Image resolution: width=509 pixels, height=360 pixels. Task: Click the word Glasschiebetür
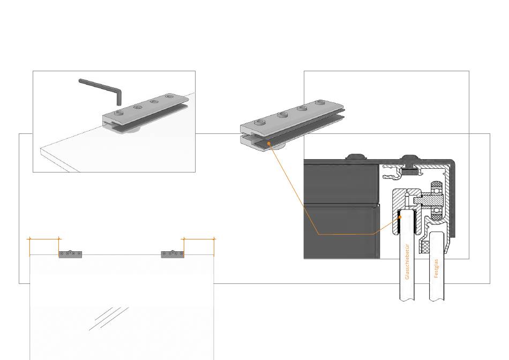pos(407,262)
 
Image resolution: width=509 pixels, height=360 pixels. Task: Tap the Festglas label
pos(436,268)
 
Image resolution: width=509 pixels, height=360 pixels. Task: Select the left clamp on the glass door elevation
pos(70,254)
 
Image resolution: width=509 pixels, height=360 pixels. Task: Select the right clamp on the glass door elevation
pos(173,254)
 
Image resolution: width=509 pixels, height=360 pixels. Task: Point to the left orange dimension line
pos(44,239)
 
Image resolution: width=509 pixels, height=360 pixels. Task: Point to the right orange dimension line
pos(199,239)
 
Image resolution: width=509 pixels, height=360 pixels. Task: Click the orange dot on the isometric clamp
pos(268,143)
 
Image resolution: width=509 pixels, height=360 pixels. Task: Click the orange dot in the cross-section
pos(400,217)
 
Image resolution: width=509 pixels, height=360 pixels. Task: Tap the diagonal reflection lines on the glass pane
pos(109,318)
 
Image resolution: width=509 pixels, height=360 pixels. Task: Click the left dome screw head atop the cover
pos(355,157)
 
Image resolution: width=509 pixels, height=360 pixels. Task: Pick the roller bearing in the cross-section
pos(436,201)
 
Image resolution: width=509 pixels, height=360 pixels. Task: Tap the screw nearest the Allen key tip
pos(119,112)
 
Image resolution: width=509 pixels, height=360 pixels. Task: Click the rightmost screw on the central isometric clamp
pos(320,103)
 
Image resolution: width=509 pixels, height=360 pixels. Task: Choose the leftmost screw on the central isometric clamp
pos(260,123)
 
